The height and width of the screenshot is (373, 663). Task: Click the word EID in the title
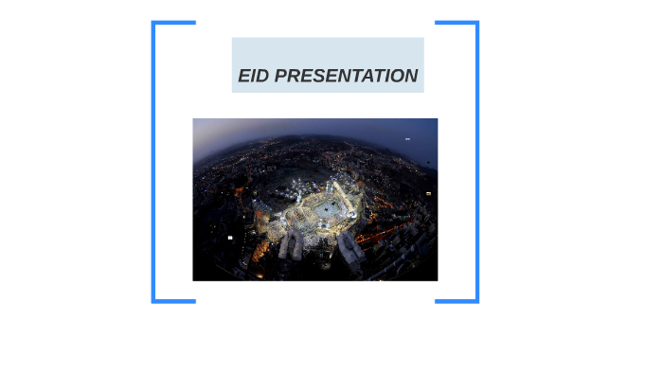click(253, 76)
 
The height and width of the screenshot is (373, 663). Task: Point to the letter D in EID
click(262, 76)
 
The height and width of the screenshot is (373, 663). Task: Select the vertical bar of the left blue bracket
click(153, 161)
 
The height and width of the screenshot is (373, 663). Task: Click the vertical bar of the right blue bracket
click(476, 161)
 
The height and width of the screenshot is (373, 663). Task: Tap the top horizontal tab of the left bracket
click(174, 23)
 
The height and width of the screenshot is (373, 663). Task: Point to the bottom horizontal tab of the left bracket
click(174, 301)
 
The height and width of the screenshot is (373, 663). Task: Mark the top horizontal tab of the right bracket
click(456, 23)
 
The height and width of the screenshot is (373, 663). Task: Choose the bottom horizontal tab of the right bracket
click(456, 301)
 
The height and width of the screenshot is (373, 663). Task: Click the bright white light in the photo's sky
click(407, 138)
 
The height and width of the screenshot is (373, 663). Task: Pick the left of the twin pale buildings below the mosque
click(292, 248)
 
